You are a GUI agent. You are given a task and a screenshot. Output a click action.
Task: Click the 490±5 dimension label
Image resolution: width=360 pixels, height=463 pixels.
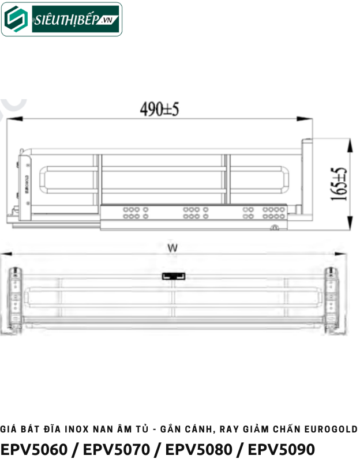click(x=160, y=110)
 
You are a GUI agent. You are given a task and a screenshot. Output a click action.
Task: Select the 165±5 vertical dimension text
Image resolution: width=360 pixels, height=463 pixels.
click(x=340, y=184)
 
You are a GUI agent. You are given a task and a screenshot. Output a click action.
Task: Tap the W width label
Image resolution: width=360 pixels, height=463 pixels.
click(x=172, y=248)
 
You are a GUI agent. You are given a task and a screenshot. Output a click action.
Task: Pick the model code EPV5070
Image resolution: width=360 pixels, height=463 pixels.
click(x=117, y=449)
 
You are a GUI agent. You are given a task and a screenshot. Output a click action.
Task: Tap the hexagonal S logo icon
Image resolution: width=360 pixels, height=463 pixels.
click(x=17, y=20)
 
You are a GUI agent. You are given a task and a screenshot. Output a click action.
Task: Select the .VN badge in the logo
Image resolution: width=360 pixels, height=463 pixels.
click(x=107, y=22)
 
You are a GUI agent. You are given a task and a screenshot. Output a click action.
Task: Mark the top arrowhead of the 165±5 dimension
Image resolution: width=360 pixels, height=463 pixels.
click(x=348, y=141)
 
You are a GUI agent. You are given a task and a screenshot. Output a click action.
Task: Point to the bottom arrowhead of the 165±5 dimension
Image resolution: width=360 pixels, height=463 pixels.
click(x=348, y=226)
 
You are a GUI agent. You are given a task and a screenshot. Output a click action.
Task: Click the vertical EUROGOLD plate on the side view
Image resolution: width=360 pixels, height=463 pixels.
click(x=27, y=185)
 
